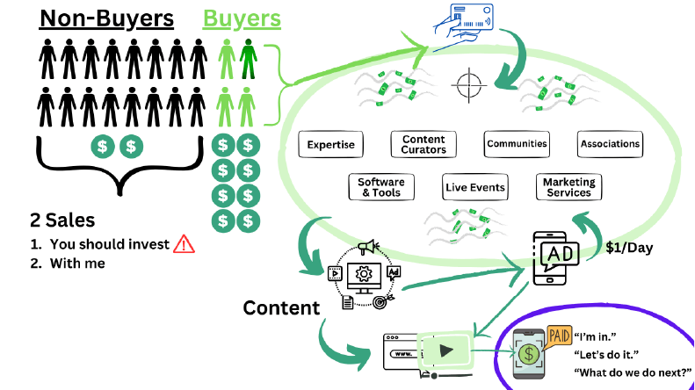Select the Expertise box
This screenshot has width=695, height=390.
[x=331, y=144]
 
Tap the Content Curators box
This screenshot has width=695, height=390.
[x=424, y=144]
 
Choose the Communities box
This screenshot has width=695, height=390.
[x=517, y=144]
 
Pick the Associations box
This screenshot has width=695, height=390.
[x=611, y=144]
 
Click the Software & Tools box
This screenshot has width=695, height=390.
[x=380, y=187]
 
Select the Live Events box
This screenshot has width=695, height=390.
[x=474, y=187]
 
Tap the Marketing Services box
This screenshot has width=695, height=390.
[x=568, y=187]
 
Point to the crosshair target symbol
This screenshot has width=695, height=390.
[x=467, y=85]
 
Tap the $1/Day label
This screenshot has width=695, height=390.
[x=629, y=248]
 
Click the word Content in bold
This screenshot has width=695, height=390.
[x=281, y=307]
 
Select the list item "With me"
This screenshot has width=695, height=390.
[x=77, y=262]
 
